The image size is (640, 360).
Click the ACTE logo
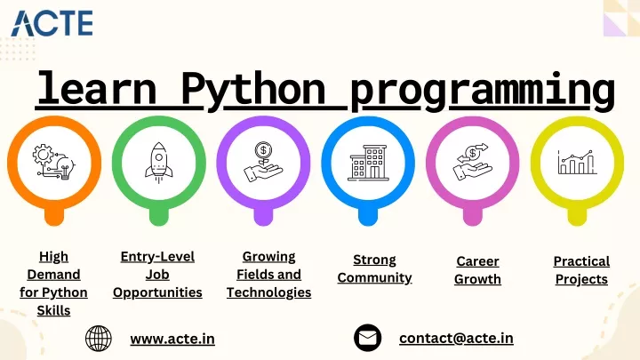[52, 24]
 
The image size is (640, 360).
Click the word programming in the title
[483, 92]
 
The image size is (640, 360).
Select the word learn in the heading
[97, 88]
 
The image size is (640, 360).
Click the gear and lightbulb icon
[54, 162]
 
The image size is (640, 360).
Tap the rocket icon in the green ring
[159, 163]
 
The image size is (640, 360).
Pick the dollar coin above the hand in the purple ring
[263, 150]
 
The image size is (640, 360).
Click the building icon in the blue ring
[368, 162]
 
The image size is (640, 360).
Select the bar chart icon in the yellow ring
[577, 162]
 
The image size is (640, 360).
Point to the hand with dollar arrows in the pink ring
[473, 162]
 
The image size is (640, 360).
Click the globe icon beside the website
[99, 339]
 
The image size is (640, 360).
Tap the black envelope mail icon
[367, 338]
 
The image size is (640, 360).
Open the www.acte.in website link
[172, 339]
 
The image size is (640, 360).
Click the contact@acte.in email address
[456, 338]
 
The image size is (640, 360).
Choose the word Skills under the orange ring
[53, 310]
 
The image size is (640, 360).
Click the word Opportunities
[157, 292]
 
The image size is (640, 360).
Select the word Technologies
[269, 292]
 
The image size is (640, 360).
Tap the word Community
[375, 278]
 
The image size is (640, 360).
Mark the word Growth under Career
[477, 279]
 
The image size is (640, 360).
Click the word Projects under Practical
[581, 280]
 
